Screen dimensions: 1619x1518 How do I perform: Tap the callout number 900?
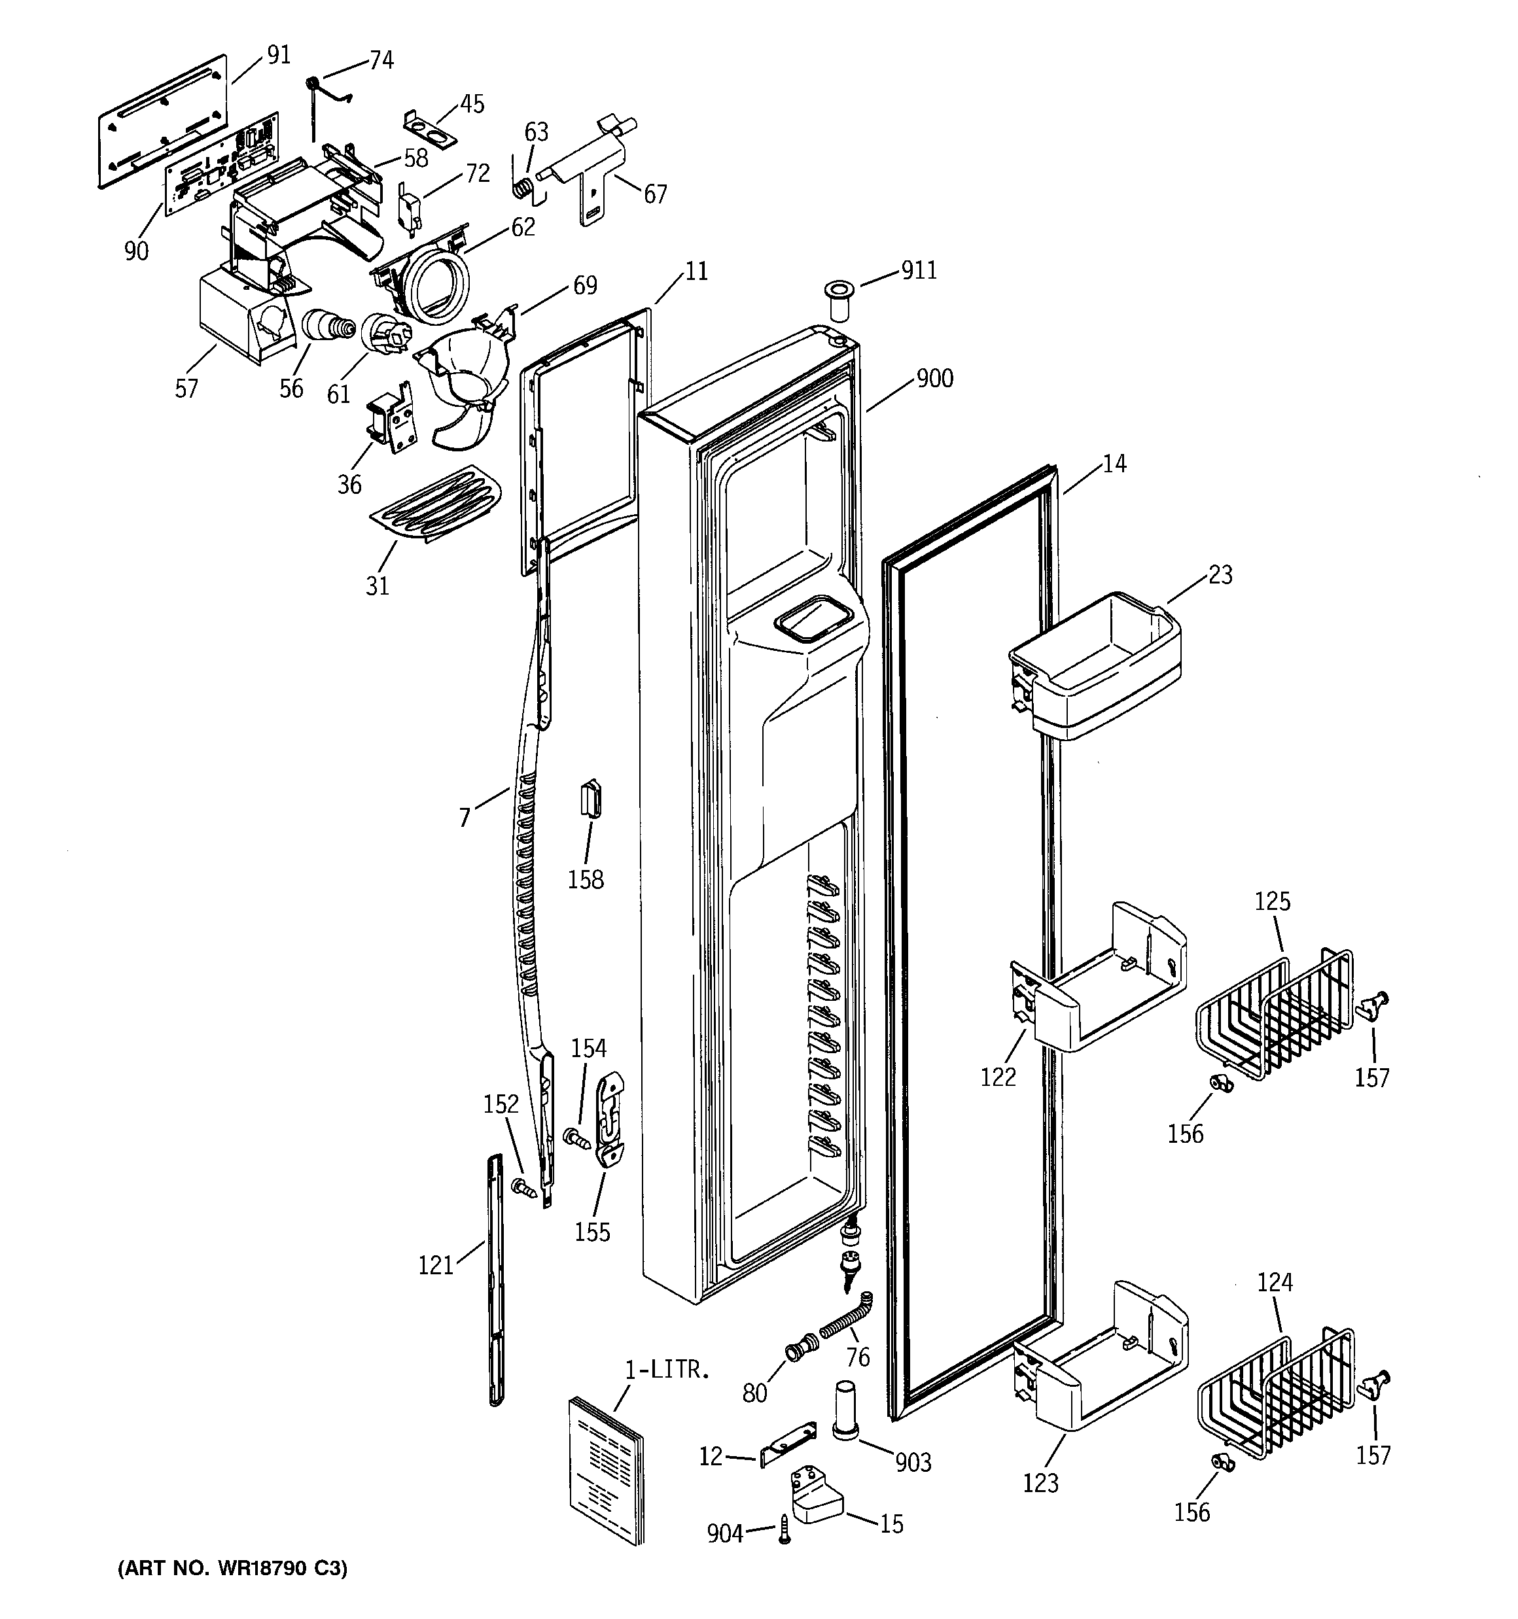pos(934,379)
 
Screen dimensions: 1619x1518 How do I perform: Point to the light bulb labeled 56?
pos(328,329)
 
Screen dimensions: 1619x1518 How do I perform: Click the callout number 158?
pos(585,880)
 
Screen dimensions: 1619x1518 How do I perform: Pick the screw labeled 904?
pos(785,1529)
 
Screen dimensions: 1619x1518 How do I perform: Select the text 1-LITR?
pos(667,1370)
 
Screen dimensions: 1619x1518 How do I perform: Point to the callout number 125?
pos(1272,901)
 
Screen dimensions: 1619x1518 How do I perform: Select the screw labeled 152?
pos(522,1188)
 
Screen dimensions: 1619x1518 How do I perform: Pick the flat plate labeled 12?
pos(787,1444)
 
